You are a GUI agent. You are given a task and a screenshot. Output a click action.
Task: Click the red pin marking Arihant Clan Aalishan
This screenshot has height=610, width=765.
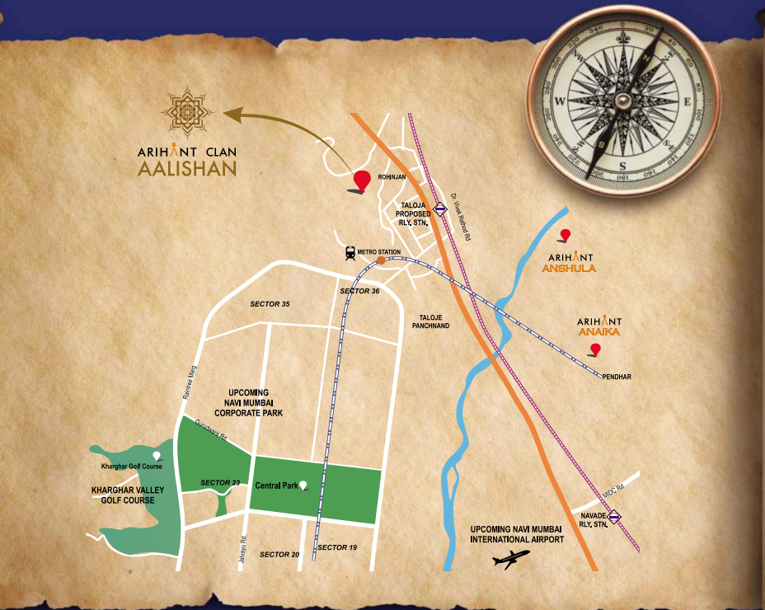(x=361, y=181)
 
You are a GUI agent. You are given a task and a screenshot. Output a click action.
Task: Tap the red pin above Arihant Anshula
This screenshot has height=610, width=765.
(x=565, y=236)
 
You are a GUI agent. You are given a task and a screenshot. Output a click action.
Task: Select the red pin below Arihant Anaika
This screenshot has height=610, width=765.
(x=595, y=350)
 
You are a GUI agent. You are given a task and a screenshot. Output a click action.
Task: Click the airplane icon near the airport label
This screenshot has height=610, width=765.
(x=513, y=561)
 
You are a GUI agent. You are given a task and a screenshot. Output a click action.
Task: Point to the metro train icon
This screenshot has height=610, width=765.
(x=351, y=253)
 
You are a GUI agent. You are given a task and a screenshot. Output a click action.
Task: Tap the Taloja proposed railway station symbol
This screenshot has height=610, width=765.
(x=441, y=209)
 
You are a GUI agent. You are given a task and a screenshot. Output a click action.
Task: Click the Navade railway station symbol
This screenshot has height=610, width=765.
(x=614, y=518)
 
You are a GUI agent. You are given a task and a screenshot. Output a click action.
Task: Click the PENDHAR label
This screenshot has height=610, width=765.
(x=616, y=377)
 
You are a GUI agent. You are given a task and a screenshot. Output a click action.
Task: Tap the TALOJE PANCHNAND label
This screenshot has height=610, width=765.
(x=434, y=321)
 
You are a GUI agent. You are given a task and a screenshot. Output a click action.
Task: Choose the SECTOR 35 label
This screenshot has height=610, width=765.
(x=270, y=304)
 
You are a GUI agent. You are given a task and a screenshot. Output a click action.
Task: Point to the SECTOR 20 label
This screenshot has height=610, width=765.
(x=279, y=554)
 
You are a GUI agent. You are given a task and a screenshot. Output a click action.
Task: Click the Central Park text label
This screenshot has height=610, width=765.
(x=276, y=486)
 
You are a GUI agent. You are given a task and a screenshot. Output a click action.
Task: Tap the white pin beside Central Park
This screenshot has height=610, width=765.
(x=303, y=486)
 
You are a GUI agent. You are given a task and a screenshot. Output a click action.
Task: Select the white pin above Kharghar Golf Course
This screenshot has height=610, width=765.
(x=157, y=456)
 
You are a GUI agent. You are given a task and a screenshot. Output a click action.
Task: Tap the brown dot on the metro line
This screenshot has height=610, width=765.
(x=381, y=260)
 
